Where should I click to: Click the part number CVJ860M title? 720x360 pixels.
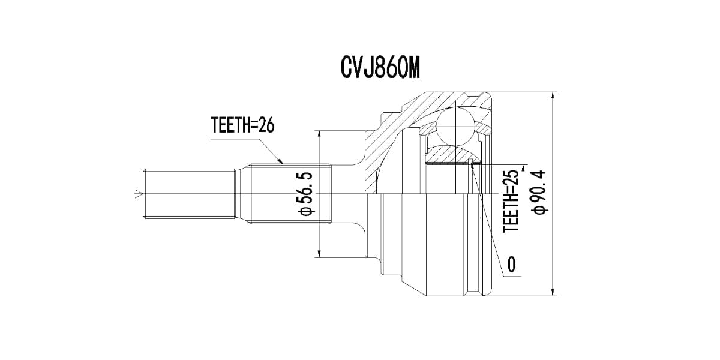tap(379, 68)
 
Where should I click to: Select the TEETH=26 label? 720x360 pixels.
tap(242, 125)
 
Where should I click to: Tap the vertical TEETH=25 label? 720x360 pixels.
tap(510, 202)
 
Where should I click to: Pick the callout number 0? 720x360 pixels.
tap(511, 264)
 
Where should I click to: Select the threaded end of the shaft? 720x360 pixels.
tap(188, 194)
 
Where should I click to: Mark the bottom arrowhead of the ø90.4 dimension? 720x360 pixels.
tap(552, 292)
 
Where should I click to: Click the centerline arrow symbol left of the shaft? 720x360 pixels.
tap(139, 194)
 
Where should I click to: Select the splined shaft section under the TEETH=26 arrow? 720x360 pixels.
tap(291, 194)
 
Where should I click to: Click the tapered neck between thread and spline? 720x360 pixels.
tap(242, 194)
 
